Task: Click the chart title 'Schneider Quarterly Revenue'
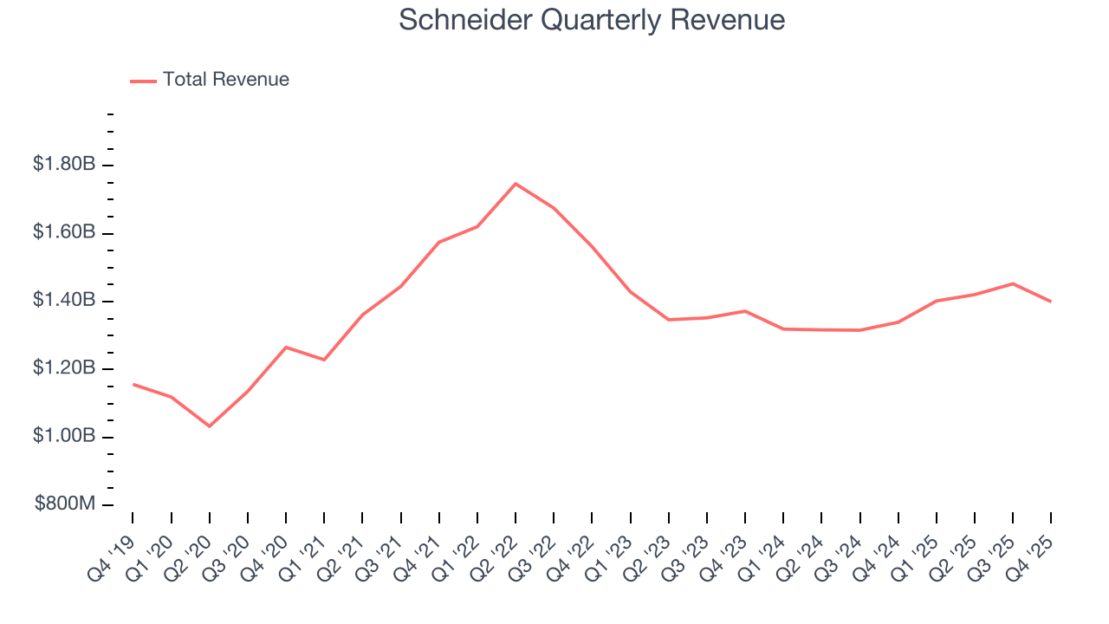[592, 20]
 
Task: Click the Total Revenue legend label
[225, 80]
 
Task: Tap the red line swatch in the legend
[143, 81]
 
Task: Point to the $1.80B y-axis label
[64, 165]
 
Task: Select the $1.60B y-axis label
[64, 233]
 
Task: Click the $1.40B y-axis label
[64, 301]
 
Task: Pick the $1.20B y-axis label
[64, 369]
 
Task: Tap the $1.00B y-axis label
[64, 437]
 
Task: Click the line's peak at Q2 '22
[516, 184]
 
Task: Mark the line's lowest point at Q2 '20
[210, 426]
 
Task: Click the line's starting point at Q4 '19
[133, 384]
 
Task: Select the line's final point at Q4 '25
[1051, 302]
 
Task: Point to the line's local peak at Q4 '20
[286, 348]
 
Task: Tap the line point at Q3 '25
[1012, 283]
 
